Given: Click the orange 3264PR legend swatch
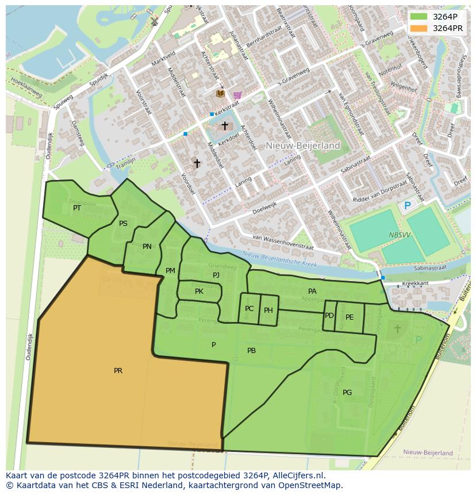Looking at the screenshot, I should [419, 28].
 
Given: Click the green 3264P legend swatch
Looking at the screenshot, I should [419, 16].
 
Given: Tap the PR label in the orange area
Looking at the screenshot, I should [118, 371].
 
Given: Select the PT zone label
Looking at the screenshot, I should [77, 208].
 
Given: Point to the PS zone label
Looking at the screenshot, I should [123, 224].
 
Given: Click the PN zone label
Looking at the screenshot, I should [147, 247].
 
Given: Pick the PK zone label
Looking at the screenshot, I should [199, 291].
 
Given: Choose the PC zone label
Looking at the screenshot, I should [249, 309].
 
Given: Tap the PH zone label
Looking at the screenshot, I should [268, 310].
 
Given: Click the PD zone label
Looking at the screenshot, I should [329, 316].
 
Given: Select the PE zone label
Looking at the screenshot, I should [350, 317].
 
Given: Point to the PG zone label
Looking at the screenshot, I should [347, 393].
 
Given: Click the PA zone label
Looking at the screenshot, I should [312, 291].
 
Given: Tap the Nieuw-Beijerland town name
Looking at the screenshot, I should [303, 146].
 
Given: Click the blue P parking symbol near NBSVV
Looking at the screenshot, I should [408, 206].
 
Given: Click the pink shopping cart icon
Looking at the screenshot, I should [237, 95].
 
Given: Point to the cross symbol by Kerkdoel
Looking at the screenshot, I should [225, 125].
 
